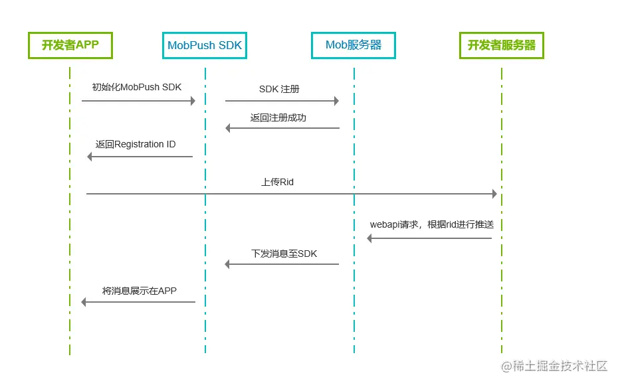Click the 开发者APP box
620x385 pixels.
pyautogui.click(x=70, y=45)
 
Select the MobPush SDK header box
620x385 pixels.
pyautogui.click(x=205, y=45)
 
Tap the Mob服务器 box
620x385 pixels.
pyautogui.click(x=353, y=45)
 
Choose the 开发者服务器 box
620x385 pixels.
pyautogui.click(x=502, y=45)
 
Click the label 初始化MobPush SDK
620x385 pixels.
pyautogui.click(x=137, y=87)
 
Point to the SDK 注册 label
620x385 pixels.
pyautogui.click(x=279, y=89)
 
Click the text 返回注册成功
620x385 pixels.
pyautogui.click(x=278, y=117)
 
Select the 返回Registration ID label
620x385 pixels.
pyautogui.click(x=136, y=144)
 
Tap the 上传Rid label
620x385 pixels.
pyautogui.click(x=278, y=181)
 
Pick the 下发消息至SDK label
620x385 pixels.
pyautogui.click(x=284, y=254)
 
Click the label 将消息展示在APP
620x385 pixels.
pyautogui.click(x=140, y=290)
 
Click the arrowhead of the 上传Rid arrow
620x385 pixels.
pyautogui.click(x=494, y=194)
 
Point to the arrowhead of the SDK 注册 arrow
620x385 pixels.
pyautogui.click(x=336, y=101)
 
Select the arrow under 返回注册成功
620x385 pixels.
pyautogui.click(x=282, y=128)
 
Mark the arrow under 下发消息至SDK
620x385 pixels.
pyautogui.click(x=282, y=264)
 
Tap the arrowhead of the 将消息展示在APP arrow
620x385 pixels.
pyautogui.click(x=84, y=302)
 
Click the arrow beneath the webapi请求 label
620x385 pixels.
pyautogui.click(x=430, y=238)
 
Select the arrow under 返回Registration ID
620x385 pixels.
pyautogui.click(x=140, y=157)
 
